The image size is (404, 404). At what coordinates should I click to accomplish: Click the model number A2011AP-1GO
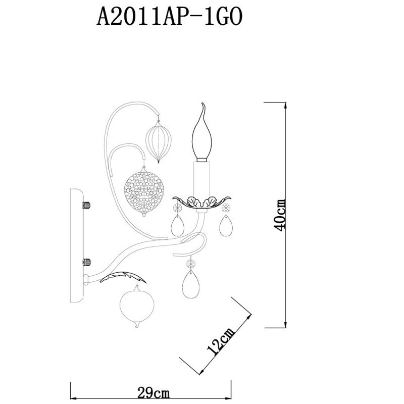(x=169, y=17)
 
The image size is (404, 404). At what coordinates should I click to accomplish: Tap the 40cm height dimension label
(x=280, y=215)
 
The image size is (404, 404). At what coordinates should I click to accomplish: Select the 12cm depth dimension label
(x=221, y=342)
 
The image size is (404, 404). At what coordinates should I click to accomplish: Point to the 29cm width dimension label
(x=154, y=393)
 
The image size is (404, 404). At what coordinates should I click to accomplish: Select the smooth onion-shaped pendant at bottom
(x=137, y=306)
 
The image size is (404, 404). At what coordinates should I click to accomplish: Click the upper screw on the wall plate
(x=86, y=206)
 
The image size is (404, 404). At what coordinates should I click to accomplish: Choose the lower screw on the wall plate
(x=86, y=262)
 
